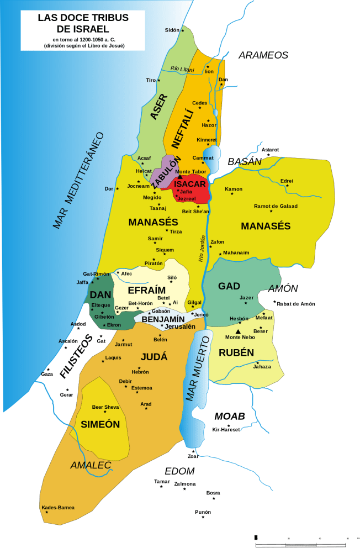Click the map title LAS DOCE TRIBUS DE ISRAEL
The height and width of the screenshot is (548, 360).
[83, 23]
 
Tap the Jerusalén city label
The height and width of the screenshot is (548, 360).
[180, 326]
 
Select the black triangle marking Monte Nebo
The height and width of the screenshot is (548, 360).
[238, 331]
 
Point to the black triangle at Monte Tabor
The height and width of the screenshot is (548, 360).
[179, 177]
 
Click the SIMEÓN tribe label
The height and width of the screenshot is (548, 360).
[100, 424]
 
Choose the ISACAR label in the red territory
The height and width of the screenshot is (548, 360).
[190, 184]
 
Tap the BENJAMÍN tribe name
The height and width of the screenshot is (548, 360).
[163, 319]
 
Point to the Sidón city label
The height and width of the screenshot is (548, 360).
[172, 30]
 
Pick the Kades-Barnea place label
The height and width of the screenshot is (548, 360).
[58, 508]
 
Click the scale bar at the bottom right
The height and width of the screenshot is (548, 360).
[301, 537]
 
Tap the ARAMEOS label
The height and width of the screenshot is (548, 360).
[263, 55]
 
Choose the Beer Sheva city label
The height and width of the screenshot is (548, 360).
[105, 407]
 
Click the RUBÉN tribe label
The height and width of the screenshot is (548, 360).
[236, 352]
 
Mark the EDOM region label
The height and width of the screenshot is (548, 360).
[179, 471]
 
